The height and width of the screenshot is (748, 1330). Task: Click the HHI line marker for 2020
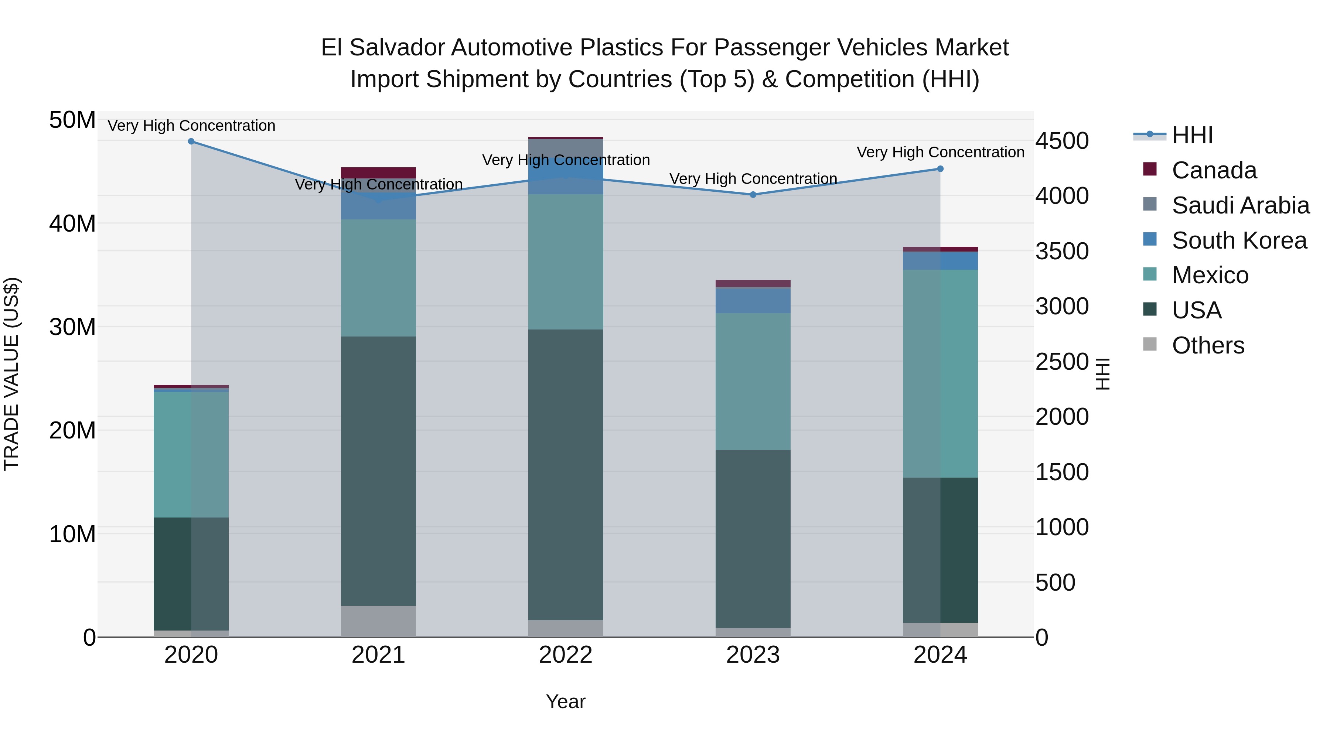click(191, 141)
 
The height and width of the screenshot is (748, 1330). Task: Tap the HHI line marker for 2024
click(940, 169)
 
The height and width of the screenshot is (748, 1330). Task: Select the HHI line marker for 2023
click(753, 195)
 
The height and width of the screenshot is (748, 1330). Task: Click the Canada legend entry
click(1214, 170)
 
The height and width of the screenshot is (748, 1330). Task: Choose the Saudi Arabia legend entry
click(1240, 205)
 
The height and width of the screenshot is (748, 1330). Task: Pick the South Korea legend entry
click(1239, 240)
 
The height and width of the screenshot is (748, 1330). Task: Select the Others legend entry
click(1208, 345)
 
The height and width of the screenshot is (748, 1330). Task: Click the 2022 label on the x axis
click(565, 655)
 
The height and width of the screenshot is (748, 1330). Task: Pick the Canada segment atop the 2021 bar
click(378, 173)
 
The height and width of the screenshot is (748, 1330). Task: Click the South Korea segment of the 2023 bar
click(753, 300)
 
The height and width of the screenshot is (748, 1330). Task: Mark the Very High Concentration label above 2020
click(191, 126)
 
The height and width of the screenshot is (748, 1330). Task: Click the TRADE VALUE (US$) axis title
click(11, 374)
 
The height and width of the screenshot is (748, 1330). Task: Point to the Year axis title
click(565, 701)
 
